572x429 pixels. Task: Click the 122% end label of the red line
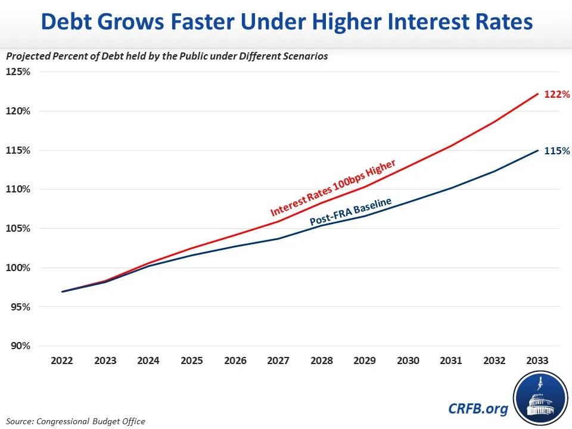pos(558,94)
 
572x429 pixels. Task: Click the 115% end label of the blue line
pos(558,151)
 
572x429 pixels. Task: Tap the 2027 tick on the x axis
pos(278,360)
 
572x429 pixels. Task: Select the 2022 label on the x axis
pos(62,360)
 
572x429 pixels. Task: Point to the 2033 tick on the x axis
pos(538,360)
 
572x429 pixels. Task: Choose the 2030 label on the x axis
pos(408,360)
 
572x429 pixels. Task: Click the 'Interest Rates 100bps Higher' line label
pos(332,188)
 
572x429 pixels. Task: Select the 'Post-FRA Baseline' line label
pos(350,212)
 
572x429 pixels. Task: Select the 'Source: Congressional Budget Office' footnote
pos(76,421)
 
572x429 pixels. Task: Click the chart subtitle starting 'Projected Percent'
pos(167,57)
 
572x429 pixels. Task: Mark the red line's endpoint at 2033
pos(538,94)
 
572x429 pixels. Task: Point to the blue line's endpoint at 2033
pos(538,150)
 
